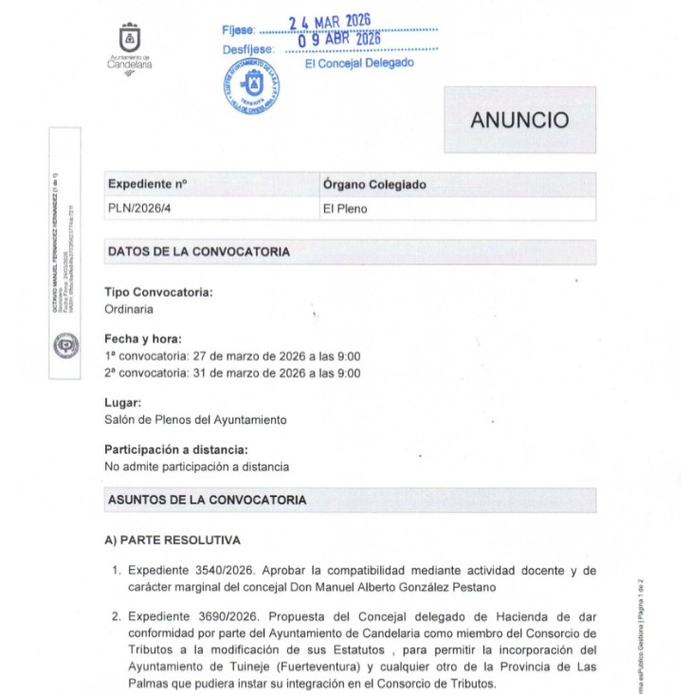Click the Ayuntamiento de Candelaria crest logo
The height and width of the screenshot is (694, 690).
[x=129, y=39]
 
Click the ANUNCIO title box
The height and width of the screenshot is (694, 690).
[x=519, y=120]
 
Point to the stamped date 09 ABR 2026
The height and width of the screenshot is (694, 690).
[x=338, y=40]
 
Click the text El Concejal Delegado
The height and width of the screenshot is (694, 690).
[x=359, y=64]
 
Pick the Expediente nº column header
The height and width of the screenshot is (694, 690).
[x=148, y=184]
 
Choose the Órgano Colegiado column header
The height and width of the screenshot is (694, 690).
[x=374, y=184]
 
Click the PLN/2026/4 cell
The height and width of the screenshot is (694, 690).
[x=141, y=209]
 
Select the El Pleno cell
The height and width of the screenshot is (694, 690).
[x=345, y=209]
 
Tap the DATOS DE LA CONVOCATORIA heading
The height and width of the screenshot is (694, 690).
[x=199, y=252]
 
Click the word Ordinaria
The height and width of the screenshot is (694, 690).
[x=129, y=309]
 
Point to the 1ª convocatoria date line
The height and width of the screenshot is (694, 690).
[x=232, y=356]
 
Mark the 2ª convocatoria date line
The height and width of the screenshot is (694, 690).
[x=232, y=374]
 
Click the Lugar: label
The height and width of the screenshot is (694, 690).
[x=123, y=403]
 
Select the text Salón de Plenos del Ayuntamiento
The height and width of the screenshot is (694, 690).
[x=195, y=420]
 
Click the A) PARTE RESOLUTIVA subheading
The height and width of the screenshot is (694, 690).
[x=172, y=540]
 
